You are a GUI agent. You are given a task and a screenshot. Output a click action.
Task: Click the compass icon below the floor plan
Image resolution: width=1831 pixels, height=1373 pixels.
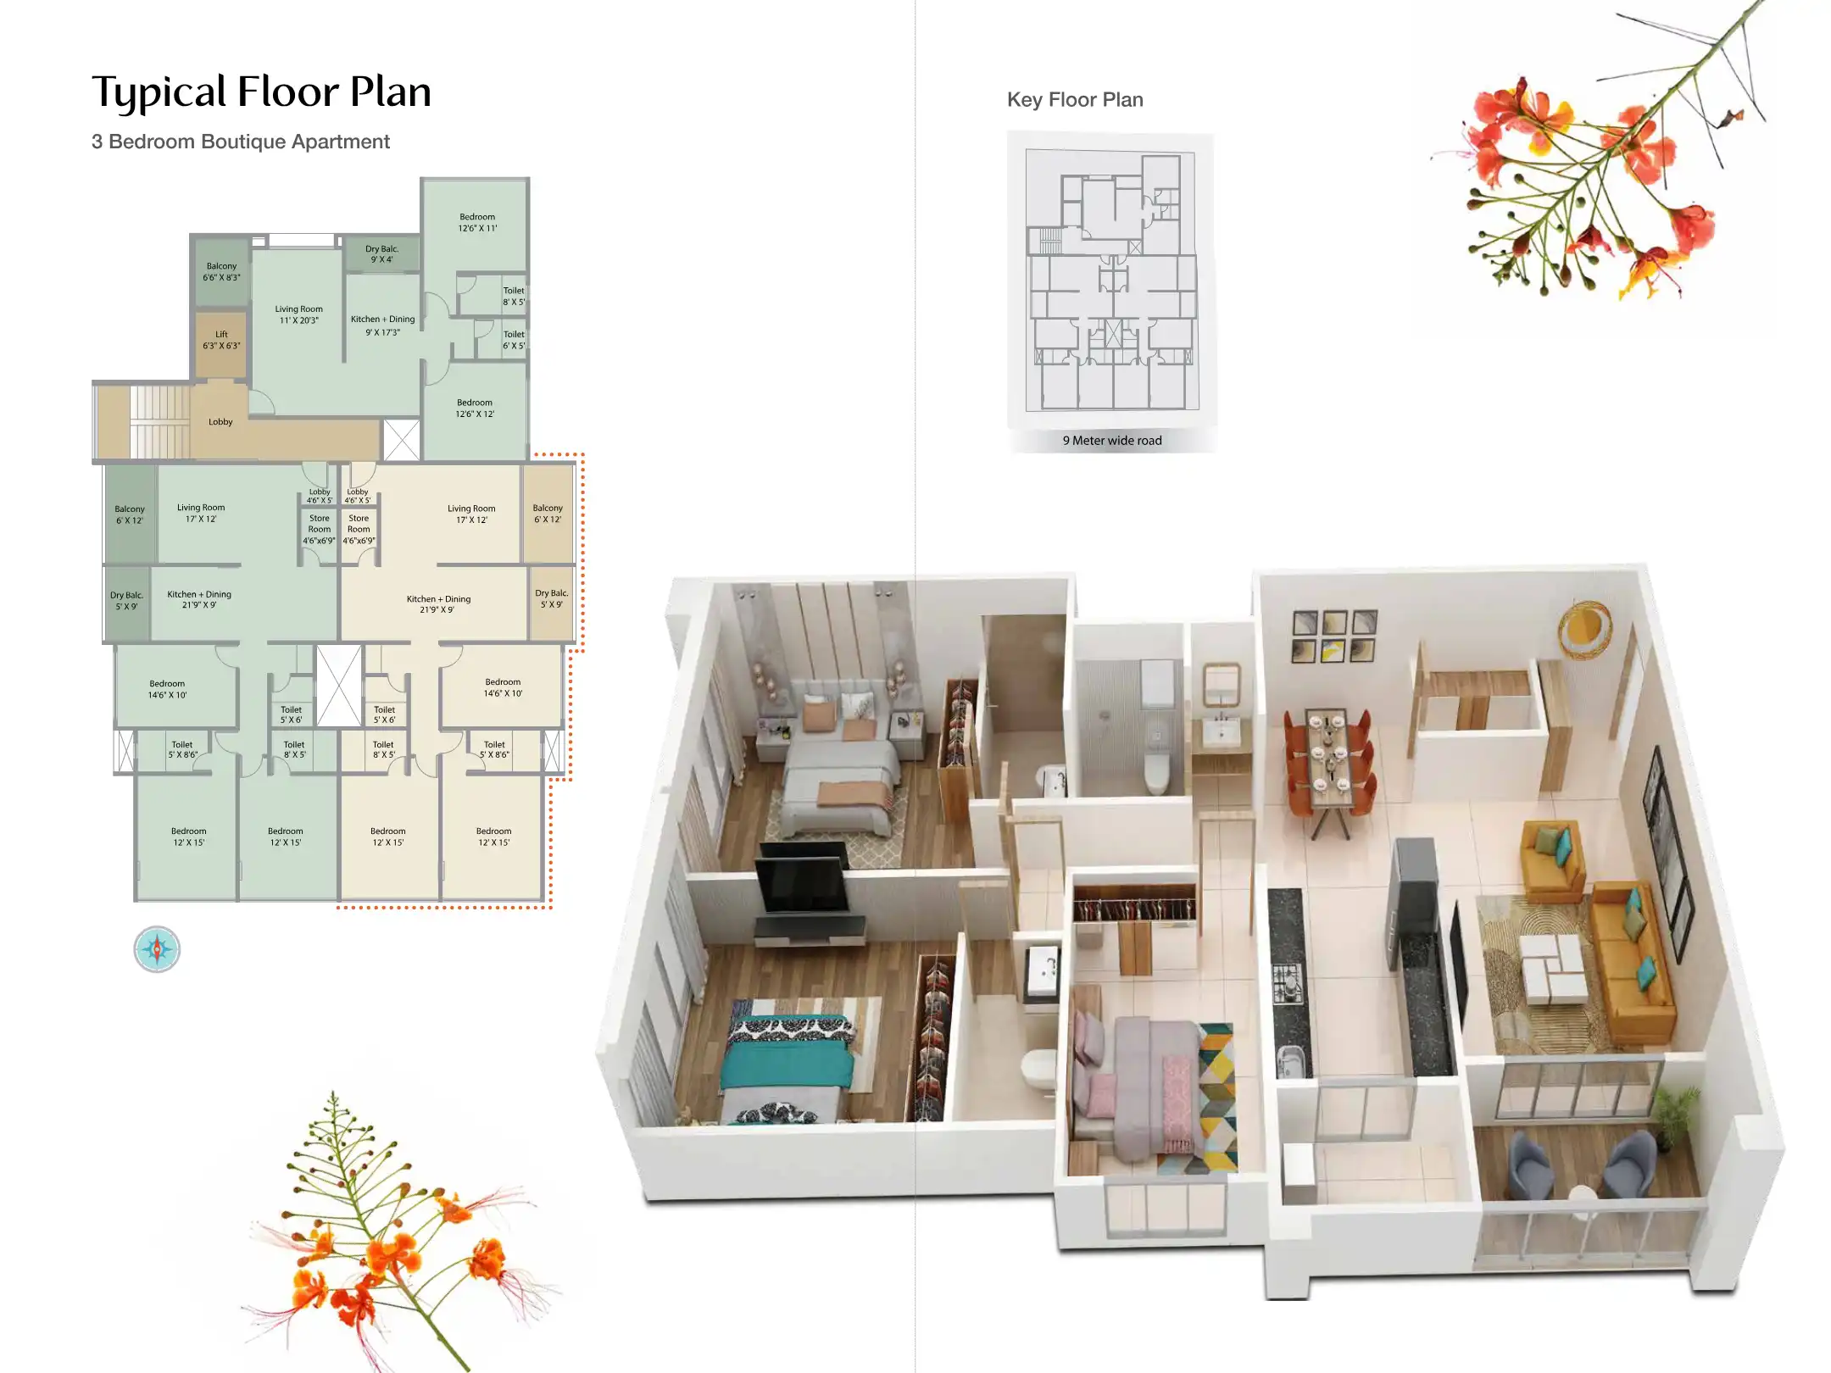point(157,948)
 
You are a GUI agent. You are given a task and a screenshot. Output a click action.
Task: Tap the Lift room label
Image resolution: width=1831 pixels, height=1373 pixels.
point(221,340)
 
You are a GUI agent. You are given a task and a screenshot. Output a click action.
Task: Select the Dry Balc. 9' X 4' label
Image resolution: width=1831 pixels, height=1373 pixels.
point(381,254)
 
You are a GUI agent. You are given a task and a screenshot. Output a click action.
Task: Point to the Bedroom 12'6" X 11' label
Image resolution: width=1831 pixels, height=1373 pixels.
point(477,222)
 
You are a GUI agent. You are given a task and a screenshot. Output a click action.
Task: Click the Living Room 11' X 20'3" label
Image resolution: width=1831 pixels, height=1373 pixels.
point(298,314)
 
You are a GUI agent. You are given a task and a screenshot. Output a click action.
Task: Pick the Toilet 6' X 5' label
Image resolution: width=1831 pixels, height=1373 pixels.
point(514,340)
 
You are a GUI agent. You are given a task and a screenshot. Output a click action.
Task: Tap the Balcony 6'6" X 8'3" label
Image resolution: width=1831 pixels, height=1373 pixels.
point(221,271)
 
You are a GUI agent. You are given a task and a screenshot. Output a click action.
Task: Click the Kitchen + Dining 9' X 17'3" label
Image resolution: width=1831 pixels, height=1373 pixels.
point(382,325)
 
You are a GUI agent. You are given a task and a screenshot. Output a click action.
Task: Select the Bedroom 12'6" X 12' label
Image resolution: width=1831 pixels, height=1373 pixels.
point(475,409)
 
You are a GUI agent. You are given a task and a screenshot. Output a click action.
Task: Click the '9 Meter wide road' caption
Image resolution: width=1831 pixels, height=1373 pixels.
point(1112,441)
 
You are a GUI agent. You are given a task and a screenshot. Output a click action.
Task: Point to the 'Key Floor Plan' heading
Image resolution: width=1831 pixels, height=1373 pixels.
point(1075,100)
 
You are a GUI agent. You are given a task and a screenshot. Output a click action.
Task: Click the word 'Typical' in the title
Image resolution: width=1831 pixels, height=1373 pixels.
point(159,92)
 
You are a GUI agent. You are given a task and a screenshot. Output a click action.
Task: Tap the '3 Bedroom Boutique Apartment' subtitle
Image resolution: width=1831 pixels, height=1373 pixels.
point(241,142)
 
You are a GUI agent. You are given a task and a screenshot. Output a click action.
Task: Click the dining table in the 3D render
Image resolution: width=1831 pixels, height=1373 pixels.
point(1328,759)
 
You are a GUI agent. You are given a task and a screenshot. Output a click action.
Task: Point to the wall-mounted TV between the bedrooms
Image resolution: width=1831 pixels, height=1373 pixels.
point(801,881)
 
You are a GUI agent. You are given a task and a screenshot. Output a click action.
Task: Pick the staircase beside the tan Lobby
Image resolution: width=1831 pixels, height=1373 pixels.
point(159,421)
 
